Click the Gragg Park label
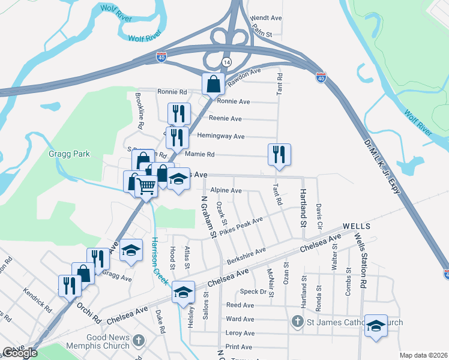point(70,154)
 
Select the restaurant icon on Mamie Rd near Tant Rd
point(279,154)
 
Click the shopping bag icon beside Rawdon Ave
point(213,85)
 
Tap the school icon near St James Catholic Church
point(376,325)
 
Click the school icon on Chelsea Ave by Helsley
point(183,292)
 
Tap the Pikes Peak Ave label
point(242,227)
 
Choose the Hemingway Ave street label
point(221,137)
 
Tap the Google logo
point(20,353)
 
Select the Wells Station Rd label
point(361,259)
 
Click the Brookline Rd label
point(139,112)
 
